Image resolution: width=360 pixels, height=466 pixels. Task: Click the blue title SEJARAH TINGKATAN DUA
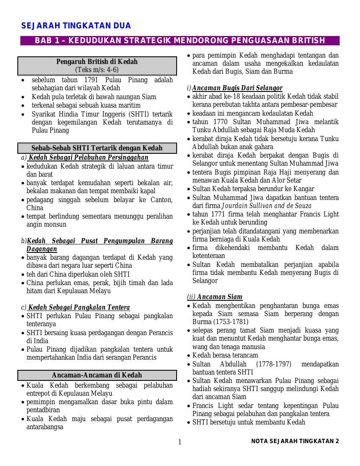pos(76,26)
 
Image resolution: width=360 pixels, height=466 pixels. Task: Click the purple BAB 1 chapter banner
pos(180,41)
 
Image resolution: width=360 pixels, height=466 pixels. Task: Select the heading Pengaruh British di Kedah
pos(97,62)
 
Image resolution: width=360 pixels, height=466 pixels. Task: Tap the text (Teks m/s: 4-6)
pos(97,70)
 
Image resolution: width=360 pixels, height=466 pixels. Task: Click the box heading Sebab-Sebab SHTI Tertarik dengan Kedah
pos(97,148)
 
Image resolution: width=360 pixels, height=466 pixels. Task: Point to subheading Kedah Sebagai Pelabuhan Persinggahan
pos(88,158)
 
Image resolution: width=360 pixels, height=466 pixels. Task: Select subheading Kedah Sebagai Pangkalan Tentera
pos(79,308)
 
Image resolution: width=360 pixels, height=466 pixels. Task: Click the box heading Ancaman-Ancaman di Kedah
pos(97,375)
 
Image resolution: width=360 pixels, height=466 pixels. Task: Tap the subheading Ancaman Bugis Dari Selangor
pos(237,88)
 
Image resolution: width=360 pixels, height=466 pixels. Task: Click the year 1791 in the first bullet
pos(91,80)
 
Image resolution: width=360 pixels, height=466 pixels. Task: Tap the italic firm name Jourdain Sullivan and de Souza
pos(267,206)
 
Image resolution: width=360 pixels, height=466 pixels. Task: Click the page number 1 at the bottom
pos(180,442)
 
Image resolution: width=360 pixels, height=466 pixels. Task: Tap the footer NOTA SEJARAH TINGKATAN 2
pos(295,441)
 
